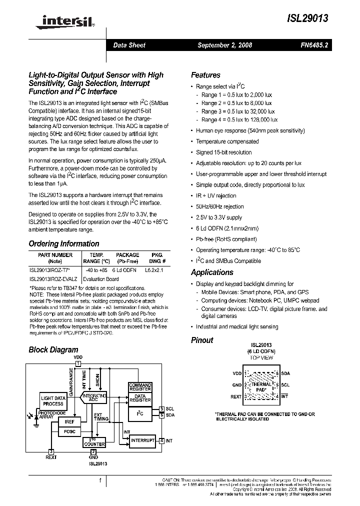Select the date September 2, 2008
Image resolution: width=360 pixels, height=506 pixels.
(224, 45)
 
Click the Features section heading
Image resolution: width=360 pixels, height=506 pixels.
(205, 75)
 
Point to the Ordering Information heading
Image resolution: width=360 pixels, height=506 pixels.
(63, 244)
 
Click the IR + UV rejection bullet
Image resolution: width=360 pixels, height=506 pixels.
(216, 195)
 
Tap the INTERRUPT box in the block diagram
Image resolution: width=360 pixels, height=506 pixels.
(142, 440)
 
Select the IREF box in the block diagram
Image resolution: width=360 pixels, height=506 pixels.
(69, 421)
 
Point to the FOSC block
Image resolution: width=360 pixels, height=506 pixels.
(69, 431)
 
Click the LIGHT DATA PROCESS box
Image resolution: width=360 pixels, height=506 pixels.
(53, 400)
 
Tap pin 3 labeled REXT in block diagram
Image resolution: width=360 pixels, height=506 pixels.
(51, 451)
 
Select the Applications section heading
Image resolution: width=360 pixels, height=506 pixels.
(212, 272)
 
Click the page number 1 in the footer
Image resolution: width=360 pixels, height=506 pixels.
(100, 480)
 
